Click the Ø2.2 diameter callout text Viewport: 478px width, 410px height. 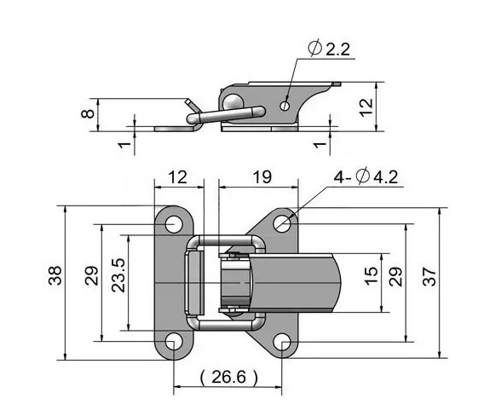(x=329, y=49)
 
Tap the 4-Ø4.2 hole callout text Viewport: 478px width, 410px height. (x=366, y=177)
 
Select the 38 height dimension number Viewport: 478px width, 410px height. (x=55, y=276)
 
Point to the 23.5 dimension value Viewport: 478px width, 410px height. (x=118, y=275)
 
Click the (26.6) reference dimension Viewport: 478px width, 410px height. (x=228, y=377)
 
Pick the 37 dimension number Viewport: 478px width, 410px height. (x=429, y=276)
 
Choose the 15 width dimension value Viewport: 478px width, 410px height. (x=371, y=276)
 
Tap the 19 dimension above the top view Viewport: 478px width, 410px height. (x=262, y=177)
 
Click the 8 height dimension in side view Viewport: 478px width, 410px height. (x=88, y=113)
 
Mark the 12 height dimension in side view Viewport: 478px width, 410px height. (x=366, y=107)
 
